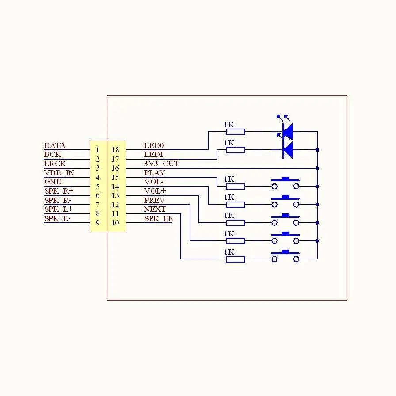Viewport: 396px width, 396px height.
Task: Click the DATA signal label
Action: (54, 145)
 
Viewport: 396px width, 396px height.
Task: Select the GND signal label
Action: (53, 182)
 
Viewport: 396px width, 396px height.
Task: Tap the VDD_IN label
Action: (59, 173)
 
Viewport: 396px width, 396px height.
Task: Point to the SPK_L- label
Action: (57, 218)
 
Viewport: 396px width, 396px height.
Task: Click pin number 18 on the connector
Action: (115, 150)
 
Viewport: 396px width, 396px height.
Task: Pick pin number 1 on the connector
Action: (98, 150)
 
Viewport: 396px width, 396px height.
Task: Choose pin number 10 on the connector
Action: (115, 223)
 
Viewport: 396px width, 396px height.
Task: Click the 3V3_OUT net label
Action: (162, 164)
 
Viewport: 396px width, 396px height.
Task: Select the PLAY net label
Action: (154, 173)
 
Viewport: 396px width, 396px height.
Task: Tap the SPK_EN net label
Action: (159, 218)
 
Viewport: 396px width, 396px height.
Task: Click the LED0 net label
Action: (153, 145)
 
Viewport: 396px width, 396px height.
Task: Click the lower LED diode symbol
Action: (288, 150)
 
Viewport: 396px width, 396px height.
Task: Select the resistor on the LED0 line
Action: (235, 132)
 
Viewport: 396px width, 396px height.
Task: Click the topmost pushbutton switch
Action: (286, 183)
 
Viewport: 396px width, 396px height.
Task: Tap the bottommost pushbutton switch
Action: (286, 256)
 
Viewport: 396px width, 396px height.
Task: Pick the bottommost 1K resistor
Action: (235, 259)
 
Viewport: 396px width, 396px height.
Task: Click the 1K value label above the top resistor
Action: (229, 125)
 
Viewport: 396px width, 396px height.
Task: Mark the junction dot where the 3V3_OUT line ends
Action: (317, 168)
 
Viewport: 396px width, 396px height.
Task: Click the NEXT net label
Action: (155, 209)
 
